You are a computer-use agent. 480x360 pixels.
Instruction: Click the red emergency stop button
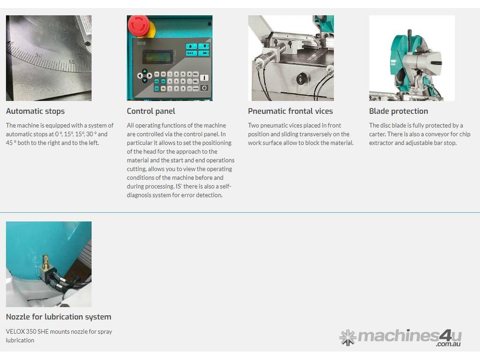(139, 26)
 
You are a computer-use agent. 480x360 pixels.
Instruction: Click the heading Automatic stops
(35, 111)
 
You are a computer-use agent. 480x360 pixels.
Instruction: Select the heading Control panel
(151, 111)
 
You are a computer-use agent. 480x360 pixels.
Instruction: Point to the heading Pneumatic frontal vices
(290, 111)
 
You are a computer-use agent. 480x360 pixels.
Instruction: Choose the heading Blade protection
(398, 111)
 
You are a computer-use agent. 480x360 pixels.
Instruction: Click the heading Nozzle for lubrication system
(59, 317)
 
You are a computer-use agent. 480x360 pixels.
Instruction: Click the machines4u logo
(400, 337)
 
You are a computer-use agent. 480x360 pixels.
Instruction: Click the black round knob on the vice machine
(302, 79)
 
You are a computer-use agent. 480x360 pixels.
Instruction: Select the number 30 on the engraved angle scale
(38, 56)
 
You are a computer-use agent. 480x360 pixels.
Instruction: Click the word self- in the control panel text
(225, 186)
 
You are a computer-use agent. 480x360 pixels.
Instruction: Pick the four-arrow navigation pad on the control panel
(144, 75)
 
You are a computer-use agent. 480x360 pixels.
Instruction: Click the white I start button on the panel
(204, 78)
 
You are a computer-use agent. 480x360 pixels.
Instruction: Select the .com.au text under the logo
(449, 344)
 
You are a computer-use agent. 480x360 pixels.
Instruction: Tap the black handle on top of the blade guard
(410, 40)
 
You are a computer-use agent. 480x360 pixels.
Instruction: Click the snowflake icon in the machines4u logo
(348, 337)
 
